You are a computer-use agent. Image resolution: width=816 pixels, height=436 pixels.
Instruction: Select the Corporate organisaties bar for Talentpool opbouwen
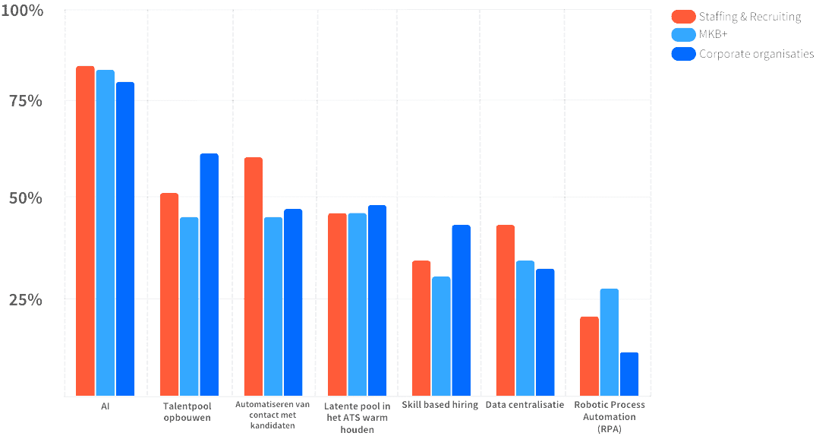tap(209, 274)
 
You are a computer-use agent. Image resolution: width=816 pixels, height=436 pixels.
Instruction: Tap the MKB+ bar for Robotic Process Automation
tap(609, 342)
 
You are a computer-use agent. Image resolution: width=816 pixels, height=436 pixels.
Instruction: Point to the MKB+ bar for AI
tap(105, 232)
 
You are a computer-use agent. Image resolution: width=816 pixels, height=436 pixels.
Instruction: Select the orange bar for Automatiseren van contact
tap(253, 276)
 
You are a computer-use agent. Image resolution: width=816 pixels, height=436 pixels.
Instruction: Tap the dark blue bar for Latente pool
tap(376, 300)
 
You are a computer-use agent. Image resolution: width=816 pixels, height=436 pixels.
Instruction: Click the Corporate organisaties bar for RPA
tap(629, 374)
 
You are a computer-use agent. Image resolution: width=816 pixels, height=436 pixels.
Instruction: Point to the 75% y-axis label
tap(26, 102)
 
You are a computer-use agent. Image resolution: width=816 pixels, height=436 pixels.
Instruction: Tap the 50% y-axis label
tap(26, 198)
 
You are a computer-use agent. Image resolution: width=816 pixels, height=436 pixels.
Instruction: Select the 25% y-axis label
tap(26, 299)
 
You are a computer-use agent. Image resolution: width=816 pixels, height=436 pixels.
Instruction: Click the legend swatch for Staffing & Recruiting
tap(683, 17)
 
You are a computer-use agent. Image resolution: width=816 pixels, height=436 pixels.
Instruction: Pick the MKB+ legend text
tap(714, 35)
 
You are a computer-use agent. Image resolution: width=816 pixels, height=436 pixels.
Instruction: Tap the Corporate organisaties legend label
tap(756, 54)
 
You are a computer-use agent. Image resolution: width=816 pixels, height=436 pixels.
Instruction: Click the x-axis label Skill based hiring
tap(440, 405)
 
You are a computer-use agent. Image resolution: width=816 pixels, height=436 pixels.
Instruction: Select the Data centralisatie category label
tap(525, 405)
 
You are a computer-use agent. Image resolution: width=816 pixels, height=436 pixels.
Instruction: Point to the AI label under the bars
tap(106, 406)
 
